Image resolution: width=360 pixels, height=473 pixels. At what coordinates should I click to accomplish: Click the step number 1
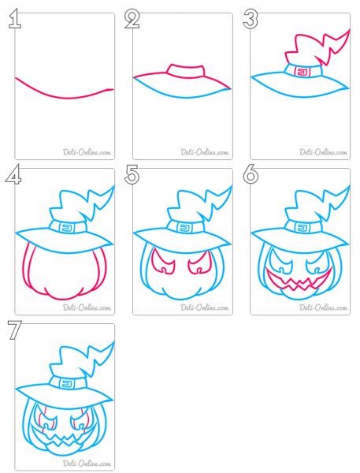tap(15, 19)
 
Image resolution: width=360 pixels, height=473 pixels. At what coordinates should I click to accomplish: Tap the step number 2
tap(132, 19)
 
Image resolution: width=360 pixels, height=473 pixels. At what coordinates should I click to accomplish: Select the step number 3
tap(251, 19)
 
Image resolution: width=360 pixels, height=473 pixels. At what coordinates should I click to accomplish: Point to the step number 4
tap(13, 174)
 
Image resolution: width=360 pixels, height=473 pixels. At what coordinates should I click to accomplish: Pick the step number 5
tap(132, 174)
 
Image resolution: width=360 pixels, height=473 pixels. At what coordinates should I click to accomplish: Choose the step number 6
tap(251, 174)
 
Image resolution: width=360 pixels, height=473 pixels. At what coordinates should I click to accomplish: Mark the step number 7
tap(14, 330)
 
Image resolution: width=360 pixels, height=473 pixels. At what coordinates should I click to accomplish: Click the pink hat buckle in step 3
tap(302, 72)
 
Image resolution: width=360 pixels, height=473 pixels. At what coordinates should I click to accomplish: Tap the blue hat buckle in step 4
tap(65, 227)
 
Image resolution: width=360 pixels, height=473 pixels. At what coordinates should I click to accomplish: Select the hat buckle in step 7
tap(65, 383)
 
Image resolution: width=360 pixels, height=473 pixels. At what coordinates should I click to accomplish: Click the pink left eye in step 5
tap(164, 261)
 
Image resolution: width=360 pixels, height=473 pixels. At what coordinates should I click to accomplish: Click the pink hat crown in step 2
tap(186, 71)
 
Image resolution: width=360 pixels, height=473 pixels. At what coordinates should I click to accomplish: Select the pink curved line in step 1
tap(65, 94)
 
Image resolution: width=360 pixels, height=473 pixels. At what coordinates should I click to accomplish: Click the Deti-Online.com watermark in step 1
tap(87, 151)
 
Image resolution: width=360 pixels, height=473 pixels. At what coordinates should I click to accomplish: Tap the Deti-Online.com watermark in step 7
tap(87, 463)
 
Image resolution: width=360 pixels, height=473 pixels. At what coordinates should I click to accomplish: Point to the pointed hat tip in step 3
tap(350, 30)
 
